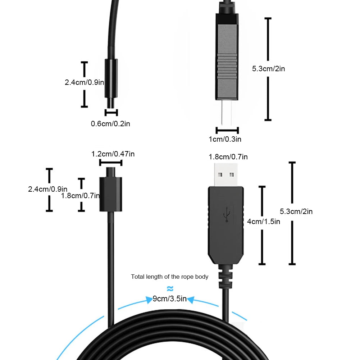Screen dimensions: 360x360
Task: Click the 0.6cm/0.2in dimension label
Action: pos(110,124)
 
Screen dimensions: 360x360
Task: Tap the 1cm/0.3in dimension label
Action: pos(225,139)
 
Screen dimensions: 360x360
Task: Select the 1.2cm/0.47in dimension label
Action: pos(113,154)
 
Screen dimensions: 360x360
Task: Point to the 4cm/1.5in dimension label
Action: pos(264,222)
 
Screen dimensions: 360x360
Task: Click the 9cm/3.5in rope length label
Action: pos(170,299)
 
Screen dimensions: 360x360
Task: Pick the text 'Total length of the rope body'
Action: pos(170,277)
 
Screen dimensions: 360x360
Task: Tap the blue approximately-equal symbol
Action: pos(170,288)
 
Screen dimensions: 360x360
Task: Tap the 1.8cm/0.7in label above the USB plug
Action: pos(228,157)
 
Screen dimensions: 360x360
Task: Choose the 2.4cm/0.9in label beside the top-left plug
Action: pos(84,82)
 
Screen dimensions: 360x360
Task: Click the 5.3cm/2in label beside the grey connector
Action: pos(269,69)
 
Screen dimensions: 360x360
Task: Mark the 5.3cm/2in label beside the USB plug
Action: pos(296,211)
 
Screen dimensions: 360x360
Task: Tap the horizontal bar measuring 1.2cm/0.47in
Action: pos(111,163)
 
